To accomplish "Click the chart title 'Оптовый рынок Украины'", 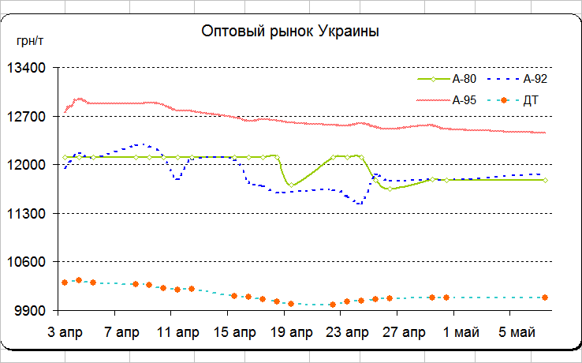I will coord(291,32).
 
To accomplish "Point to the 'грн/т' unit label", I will coord(29,41).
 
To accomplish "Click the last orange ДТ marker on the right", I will coord(545,297).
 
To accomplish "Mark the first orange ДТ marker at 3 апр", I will coord(65,283).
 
